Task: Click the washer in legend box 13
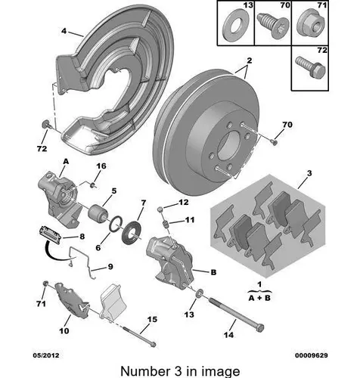235,25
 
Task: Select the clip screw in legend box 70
273,26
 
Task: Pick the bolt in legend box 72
311,68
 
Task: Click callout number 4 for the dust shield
64,31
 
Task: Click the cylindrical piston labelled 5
98,214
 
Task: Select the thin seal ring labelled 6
116,223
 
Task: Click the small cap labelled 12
160,209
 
